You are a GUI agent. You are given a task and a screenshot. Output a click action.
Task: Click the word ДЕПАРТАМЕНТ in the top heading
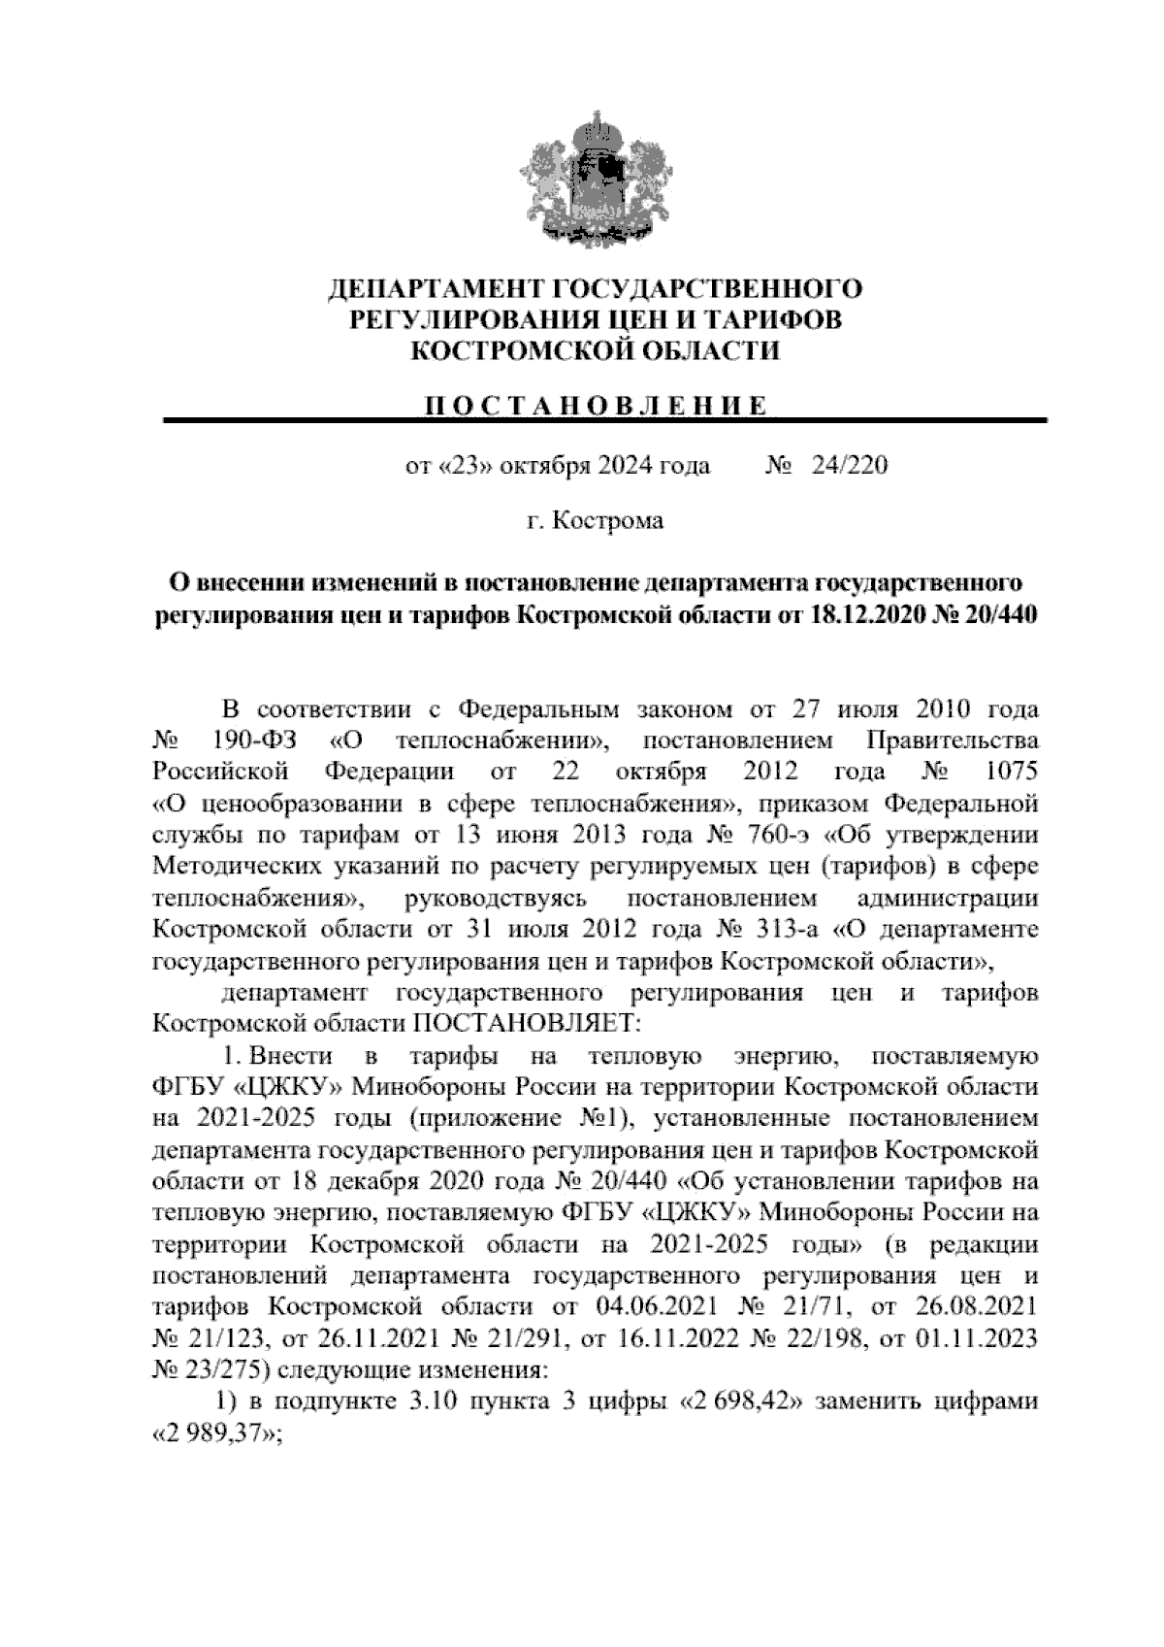436,288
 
